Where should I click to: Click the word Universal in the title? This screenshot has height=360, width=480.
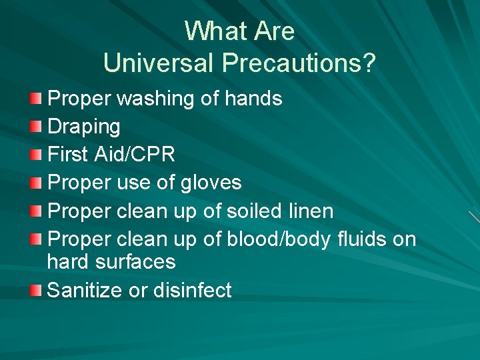[x=159, y=63]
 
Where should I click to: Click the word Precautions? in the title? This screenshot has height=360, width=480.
[x=299, y=63]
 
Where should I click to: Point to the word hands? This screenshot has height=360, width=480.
[x=253, y=99]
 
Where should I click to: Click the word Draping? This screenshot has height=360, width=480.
[x=84, y=127]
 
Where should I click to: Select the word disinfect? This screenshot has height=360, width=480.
[x=193, y=290]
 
